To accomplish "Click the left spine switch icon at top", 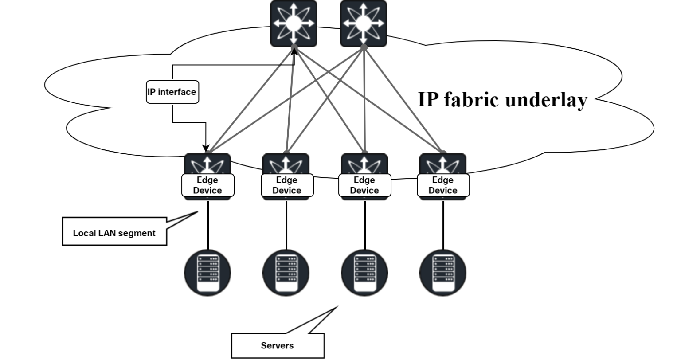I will coord(294,23).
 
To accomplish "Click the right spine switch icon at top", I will coord(363,23).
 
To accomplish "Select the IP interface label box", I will coord(172,92).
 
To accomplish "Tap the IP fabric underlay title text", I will coord(502,100).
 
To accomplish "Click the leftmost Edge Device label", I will coord(207,185).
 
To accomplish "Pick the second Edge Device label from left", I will coord(287,185).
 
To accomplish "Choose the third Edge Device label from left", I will coord(364,185).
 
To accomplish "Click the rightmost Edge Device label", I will coord(443,185).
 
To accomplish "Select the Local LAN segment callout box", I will coord(114,231).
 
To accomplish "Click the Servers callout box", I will coord(278,346).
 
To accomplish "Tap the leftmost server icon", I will coord(207,273).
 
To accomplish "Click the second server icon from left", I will coord(286,273).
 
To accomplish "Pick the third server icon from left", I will coord(364,273).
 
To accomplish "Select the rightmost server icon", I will coord(443,273).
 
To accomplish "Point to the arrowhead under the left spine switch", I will coord(294,51).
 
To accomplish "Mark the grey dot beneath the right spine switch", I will coord(364,47).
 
